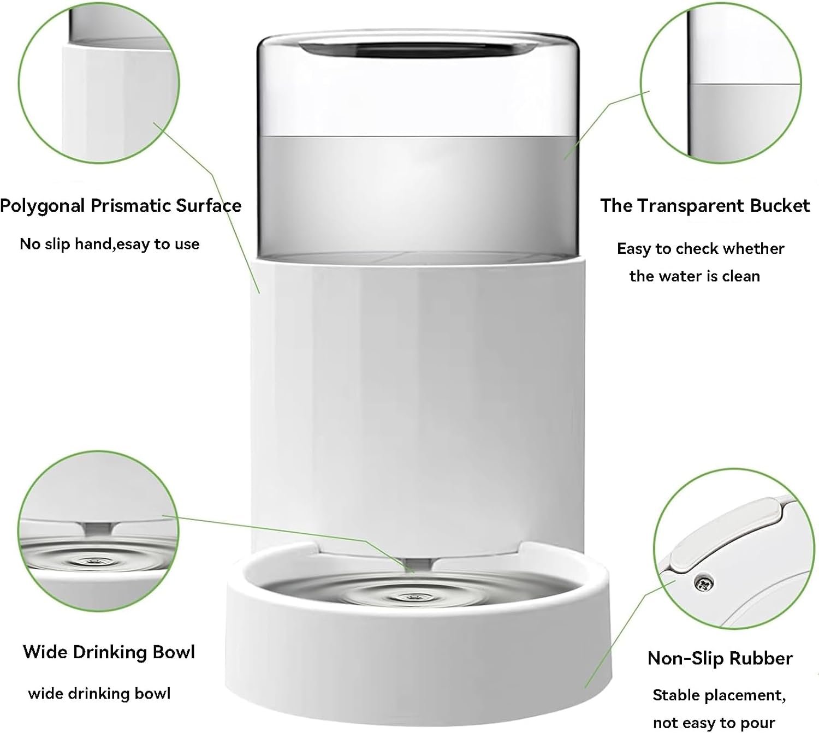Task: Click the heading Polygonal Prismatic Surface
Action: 121,206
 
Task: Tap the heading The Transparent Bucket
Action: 705,206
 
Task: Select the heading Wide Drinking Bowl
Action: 109,652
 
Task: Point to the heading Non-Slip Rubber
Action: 720,658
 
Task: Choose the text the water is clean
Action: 695,276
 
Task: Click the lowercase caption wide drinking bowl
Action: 99,693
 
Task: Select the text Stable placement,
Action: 719,695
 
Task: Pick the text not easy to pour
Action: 714,723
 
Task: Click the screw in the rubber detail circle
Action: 703,583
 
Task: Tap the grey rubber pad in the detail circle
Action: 726,536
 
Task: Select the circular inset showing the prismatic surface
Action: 99,83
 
